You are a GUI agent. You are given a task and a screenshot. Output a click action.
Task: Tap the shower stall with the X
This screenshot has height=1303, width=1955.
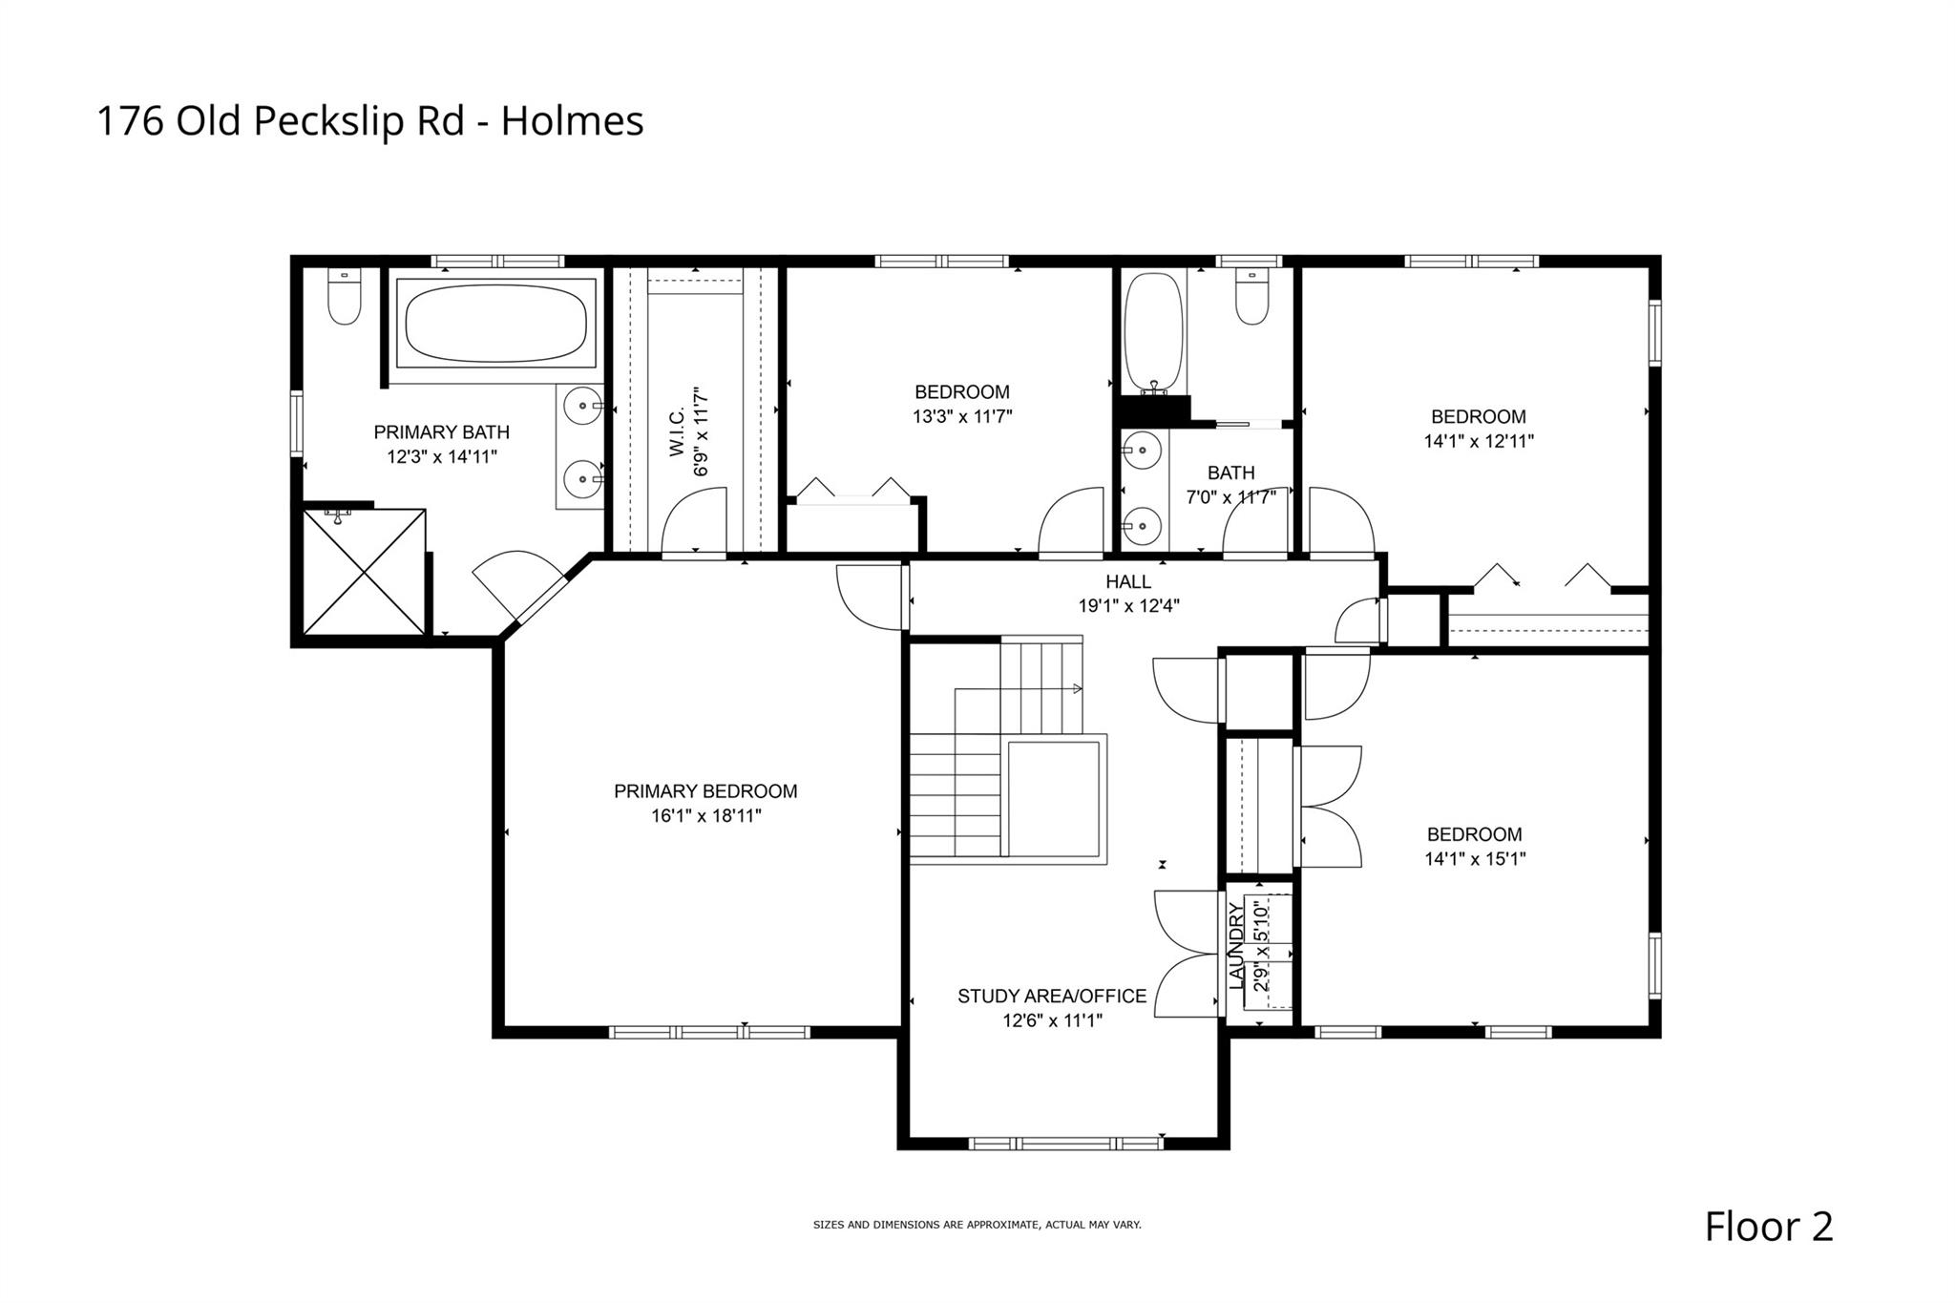pos(364,572)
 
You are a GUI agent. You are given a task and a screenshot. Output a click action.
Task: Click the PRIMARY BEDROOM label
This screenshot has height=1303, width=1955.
pos(705,791)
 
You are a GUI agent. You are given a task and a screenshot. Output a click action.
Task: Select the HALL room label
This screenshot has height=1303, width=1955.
pos(1128,581)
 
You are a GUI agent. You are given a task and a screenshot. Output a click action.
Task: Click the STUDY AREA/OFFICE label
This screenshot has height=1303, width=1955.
pos(1052,997)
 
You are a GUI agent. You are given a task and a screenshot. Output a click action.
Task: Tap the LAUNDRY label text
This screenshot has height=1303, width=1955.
pos(1237,945)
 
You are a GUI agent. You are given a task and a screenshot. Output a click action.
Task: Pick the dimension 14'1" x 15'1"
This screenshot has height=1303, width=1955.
pos(1475,859)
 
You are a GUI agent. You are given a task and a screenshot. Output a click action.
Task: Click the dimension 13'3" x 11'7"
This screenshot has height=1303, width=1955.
pos(961,417)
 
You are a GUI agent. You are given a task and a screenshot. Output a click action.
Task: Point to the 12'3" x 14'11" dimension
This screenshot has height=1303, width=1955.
pos(441,457)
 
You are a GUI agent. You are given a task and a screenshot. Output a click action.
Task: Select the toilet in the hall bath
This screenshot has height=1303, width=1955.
pos(1251,296)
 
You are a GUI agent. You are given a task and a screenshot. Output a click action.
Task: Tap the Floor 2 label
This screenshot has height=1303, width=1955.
pos(1769,1227)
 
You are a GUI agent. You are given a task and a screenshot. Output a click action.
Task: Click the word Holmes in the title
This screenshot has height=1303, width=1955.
pos(573,121)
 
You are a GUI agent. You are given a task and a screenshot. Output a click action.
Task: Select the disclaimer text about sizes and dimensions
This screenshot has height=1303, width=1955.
pos(977,1225)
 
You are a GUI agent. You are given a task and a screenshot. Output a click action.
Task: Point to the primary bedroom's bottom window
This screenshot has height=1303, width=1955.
pos(709,1032)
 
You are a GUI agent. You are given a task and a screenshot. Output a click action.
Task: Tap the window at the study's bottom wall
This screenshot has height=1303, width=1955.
pos(1065,1143)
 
